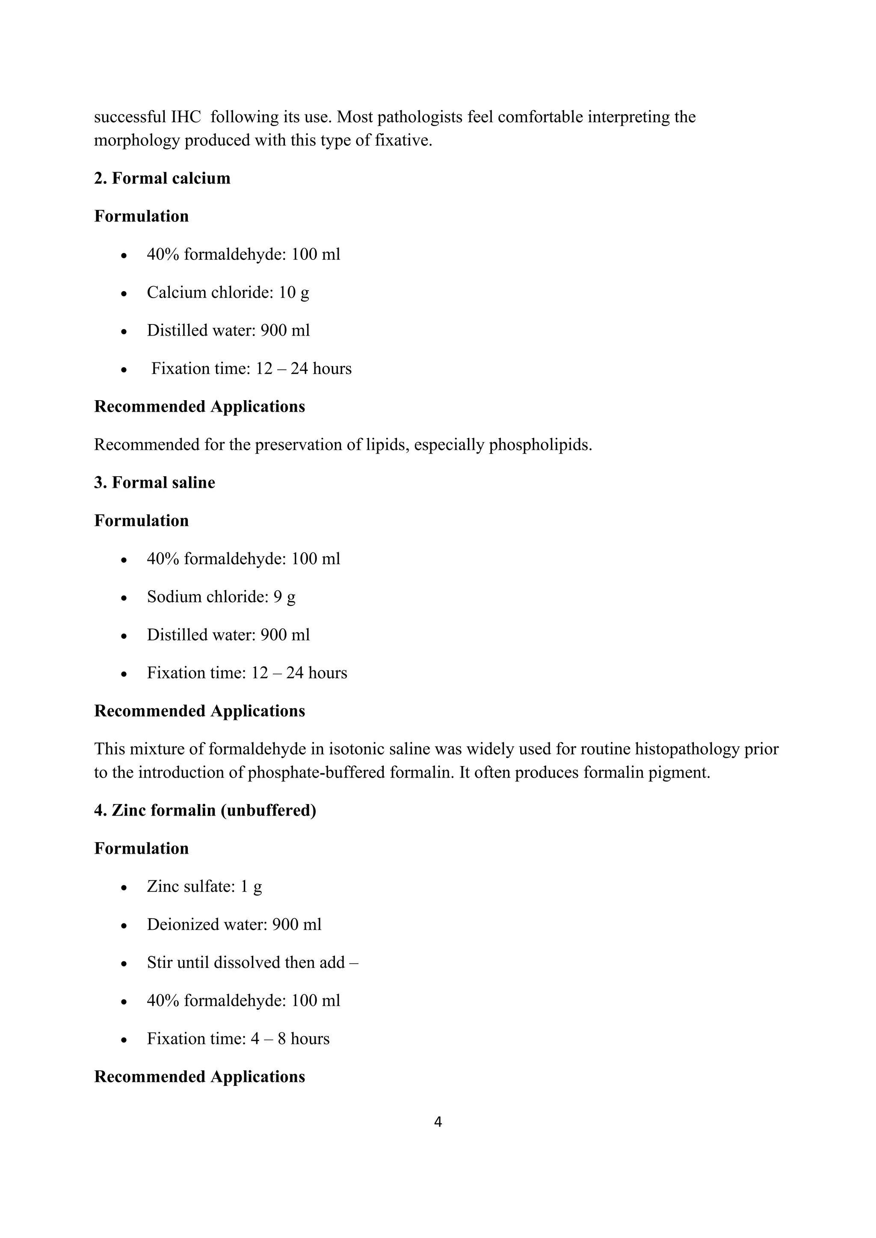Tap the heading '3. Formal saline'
154,483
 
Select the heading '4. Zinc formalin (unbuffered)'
205,811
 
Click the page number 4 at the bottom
438,1122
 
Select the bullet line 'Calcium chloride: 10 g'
228,293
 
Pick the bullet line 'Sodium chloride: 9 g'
221,597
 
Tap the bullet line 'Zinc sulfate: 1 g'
204,887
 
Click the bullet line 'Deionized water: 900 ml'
234,925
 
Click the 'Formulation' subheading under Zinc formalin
141,849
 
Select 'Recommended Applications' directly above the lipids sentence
200,407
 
